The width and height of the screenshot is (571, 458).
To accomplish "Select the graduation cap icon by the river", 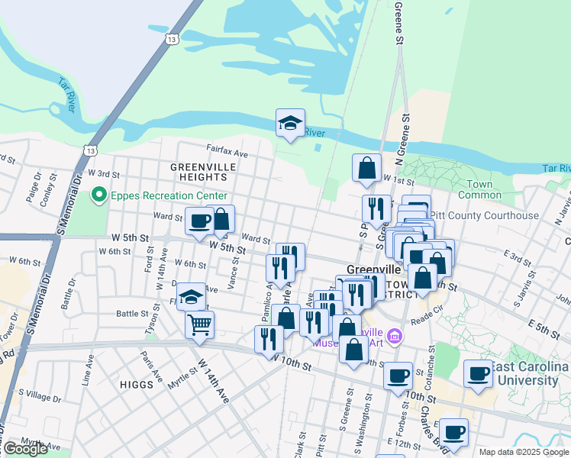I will tap(290, 124).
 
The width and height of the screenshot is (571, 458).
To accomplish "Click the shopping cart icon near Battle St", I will tap(200, 324).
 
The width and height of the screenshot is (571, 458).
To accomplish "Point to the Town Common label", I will tap(480, 189).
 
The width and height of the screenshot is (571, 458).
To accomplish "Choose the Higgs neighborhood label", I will tap(137, 385).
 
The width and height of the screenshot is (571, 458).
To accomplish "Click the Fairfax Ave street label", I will tap(227, 153).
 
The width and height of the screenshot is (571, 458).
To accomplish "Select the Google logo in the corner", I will tap(24, 449).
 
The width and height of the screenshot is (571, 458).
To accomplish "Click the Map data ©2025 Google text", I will tap(524, 452).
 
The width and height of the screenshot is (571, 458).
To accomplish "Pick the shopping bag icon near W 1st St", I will tap(367, 169).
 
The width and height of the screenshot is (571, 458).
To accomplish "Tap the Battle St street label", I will tap(131, 314).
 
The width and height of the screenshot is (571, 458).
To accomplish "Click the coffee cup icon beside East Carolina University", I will tap(479, 373).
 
